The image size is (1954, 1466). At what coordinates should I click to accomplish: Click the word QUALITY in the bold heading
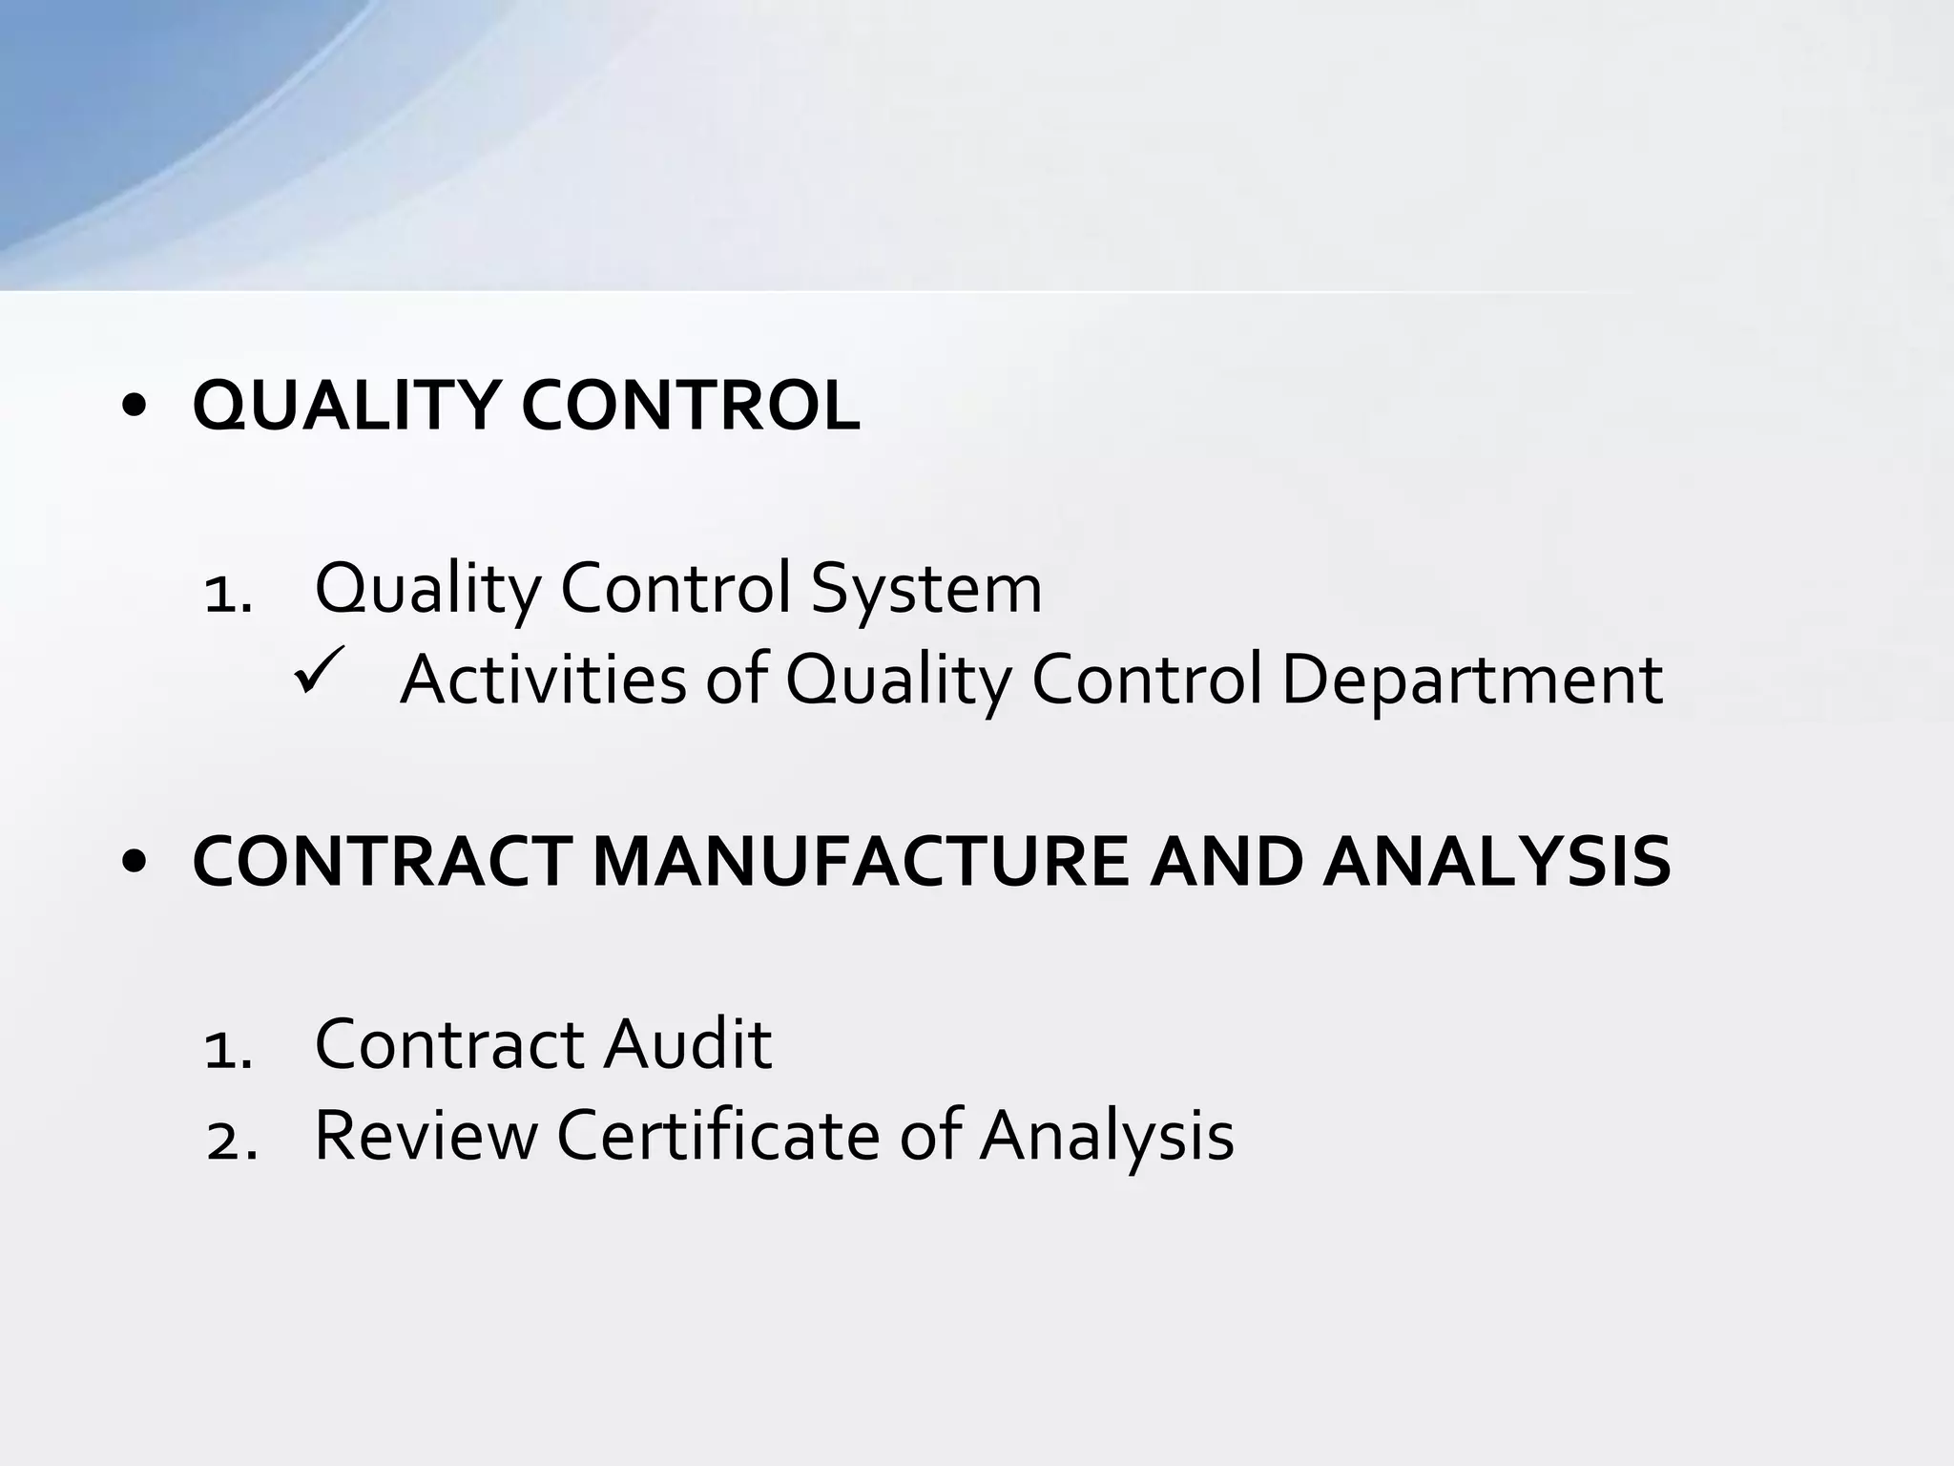click(345, 406)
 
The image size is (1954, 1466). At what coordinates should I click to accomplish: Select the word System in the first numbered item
click(925, 588)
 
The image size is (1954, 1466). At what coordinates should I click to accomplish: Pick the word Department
click(1472, 681)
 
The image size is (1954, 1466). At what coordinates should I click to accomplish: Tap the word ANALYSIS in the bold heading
click(1497, 861)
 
